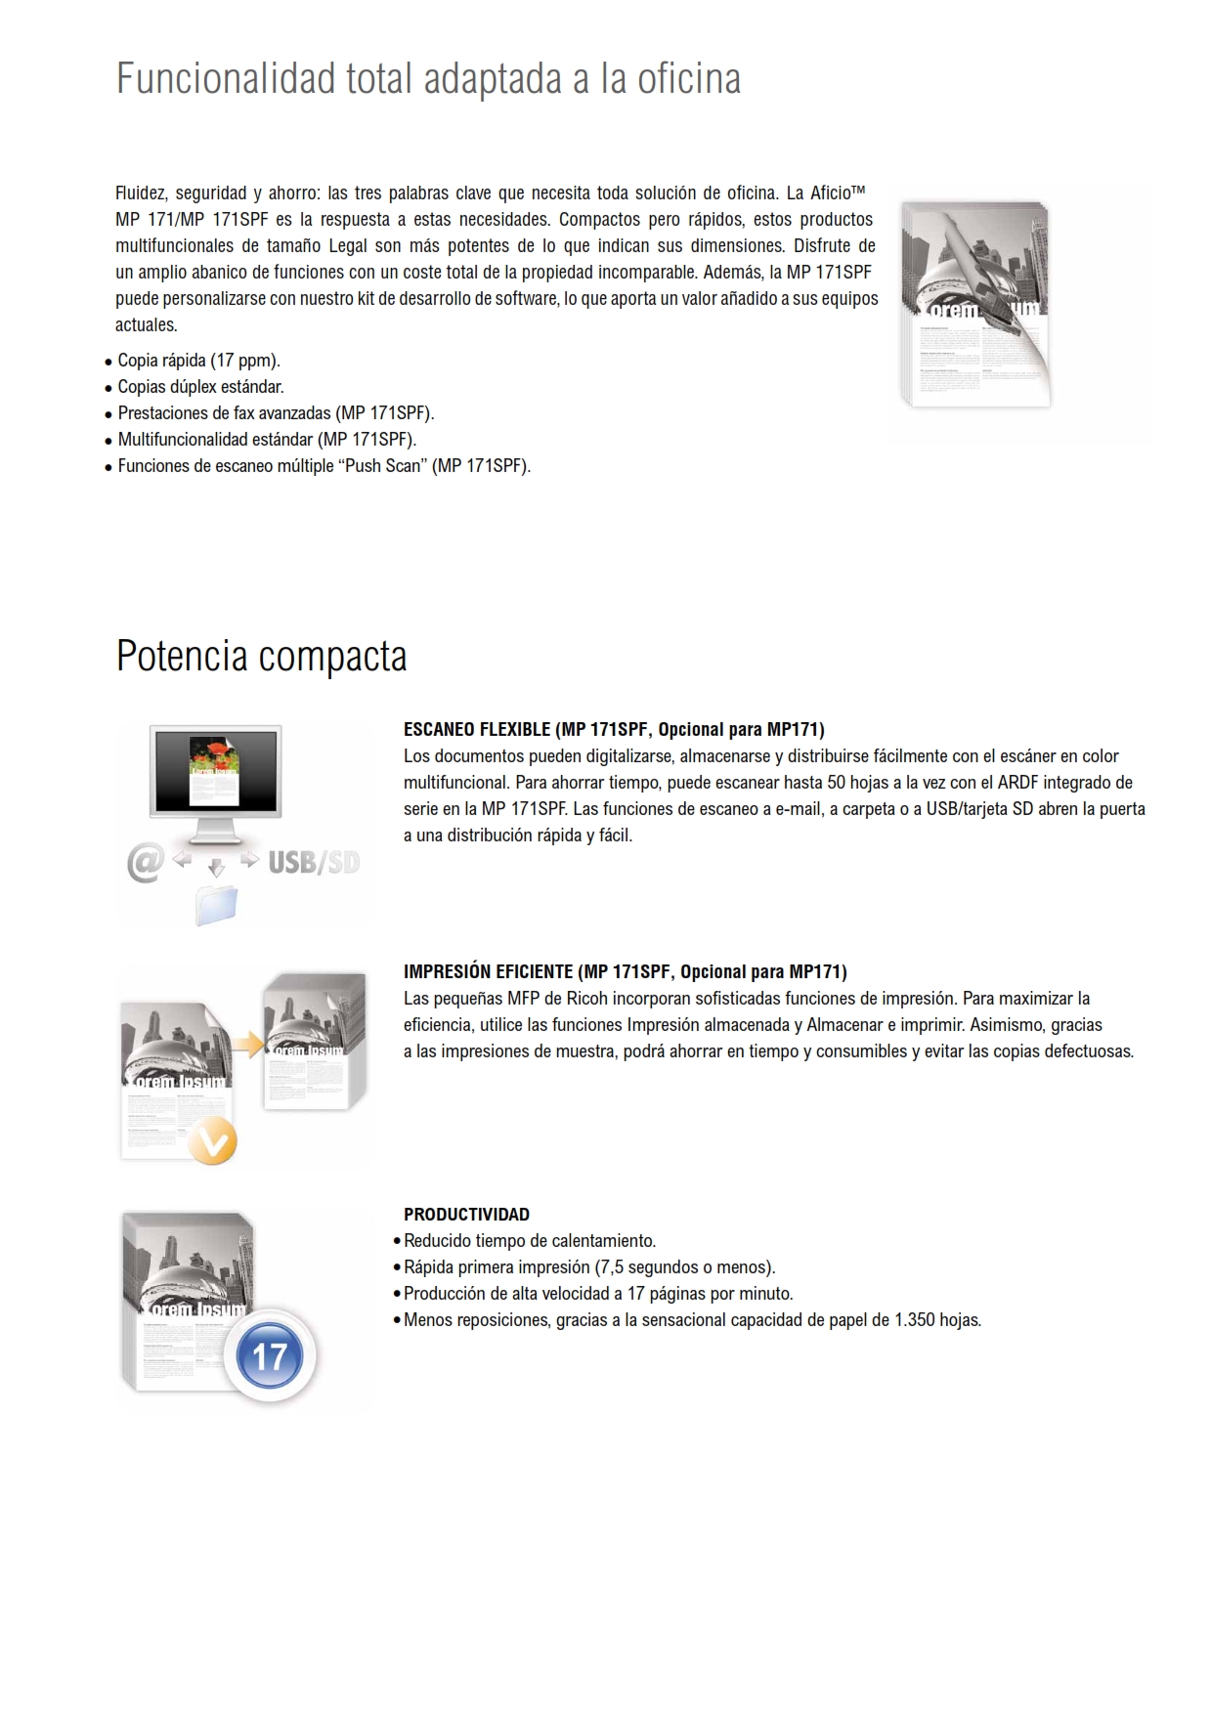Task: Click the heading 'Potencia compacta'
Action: pos(261,656)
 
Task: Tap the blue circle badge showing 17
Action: pos(270,1356)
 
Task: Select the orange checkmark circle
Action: pos(212,1141)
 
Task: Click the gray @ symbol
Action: pos(146,863)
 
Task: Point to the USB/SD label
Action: pos(314,863)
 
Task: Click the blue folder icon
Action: pos(217,905)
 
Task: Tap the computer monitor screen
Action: pos(215,770)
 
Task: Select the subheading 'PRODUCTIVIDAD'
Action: pos(466,1215)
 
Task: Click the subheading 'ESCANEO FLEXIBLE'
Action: pos(477,729)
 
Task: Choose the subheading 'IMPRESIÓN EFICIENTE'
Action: pos(488,972)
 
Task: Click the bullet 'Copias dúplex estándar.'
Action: pos(200,387)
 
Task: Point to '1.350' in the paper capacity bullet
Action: pos(914,1320)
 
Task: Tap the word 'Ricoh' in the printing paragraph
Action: pos(586,999)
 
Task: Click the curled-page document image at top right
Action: pos(975,304)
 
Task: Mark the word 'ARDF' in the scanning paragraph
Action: pos(1017,783)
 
